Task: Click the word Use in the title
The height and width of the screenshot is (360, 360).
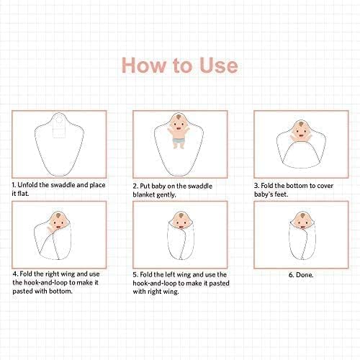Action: (219, 65)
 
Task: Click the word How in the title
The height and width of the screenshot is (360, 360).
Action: (143, 65)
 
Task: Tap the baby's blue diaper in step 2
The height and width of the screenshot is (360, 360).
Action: (179, 140)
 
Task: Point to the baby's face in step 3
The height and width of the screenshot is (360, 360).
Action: (300, 131)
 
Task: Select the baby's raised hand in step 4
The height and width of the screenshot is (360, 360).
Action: (50, 228)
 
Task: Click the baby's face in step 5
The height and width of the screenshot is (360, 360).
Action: (180, 221)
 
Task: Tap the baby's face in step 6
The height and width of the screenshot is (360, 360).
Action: (301, 221)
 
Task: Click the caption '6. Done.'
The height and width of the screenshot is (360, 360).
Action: (301, 275)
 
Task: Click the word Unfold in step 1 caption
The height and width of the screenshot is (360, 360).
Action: (27, 185)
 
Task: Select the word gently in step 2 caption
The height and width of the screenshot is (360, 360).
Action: (166, 195)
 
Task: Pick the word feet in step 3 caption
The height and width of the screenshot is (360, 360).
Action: (282, 194)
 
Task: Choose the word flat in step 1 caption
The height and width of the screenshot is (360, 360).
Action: (23, 194)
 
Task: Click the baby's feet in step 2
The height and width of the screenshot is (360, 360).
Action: (179, 146)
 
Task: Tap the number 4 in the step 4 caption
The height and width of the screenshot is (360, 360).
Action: (15, 274)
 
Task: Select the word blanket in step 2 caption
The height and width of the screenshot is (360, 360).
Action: (143, 194)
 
